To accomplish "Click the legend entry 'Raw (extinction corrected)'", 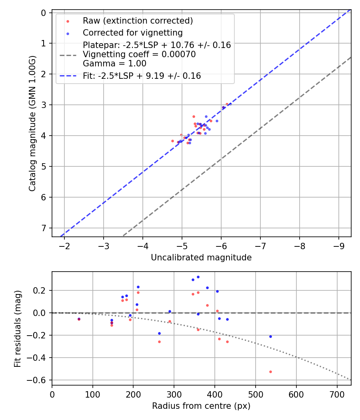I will pyautogui.click(x=138, y=21).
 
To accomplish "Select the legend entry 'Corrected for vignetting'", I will pyautogui.click(x=132, y=33).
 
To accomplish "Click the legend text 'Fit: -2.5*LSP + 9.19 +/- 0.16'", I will pyautogui.click(x=142, y=76).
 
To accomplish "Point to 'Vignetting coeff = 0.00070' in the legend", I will pyautogui.click(x=139, y=54).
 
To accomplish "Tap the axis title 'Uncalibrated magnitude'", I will pyautogui.click(x=201, y=258).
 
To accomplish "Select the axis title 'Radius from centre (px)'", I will pyautogui.click(x=201, y=406).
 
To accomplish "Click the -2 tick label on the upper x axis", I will pyautogui.click(x=64, y=244).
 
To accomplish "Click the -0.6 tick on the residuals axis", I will pyautogui.click(x=41, y=380).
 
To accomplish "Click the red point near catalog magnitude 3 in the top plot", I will pyautogui.click(x=227, y=104).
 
